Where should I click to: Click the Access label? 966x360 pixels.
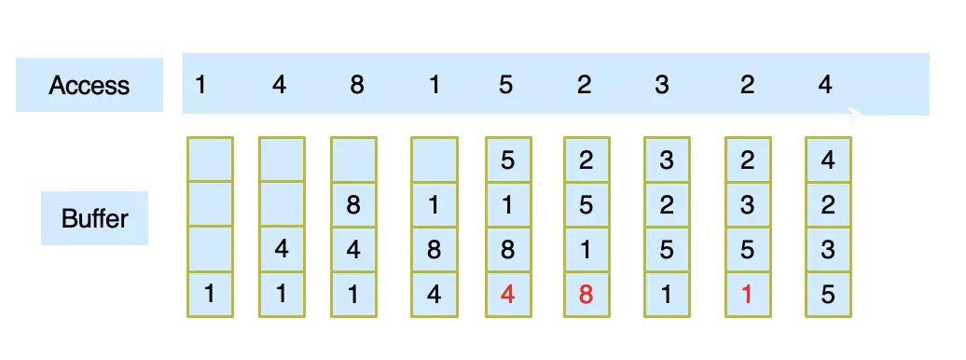90,85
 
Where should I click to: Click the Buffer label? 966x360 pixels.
95,218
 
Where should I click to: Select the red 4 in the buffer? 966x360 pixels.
507,295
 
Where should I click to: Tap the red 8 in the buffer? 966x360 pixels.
586,295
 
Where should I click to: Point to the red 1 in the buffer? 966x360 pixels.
747,295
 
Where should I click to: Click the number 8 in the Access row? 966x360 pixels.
357,85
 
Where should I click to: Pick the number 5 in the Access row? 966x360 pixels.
505,85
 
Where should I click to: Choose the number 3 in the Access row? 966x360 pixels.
662,85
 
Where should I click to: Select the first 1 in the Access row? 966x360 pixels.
200,85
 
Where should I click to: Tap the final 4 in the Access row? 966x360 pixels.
825,85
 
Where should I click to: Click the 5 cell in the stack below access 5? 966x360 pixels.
508,159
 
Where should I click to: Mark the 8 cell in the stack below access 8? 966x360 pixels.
353,204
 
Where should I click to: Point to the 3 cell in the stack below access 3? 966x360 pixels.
668,159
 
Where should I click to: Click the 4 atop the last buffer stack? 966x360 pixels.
828,159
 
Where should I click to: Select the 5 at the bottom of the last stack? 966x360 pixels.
828,295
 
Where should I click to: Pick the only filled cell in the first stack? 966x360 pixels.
210,295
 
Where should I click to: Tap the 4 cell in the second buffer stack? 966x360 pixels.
282,250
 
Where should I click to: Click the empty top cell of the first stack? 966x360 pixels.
210,159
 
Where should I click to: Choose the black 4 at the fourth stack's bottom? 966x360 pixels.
435,295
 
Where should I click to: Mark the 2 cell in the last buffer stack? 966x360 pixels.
828,204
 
